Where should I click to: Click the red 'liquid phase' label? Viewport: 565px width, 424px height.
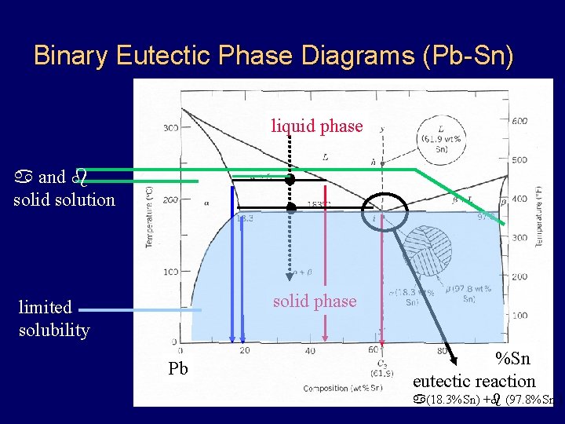click(317, 126)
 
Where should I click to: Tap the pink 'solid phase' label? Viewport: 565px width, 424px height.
click(314, 302)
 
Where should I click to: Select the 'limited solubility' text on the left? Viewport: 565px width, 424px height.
click(54, 318)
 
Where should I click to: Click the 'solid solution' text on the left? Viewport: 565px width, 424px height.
click(64, 199)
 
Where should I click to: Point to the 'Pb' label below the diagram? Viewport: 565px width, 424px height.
click(178, 369)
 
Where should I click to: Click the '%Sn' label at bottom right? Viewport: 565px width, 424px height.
click(512, 359)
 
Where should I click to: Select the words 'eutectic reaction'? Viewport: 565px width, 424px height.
click(474, 382)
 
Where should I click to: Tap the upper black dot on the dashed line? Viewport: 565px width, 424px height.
click(290, 180)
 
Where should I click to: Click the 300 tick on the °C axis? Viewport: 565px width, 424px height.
click(169, 128)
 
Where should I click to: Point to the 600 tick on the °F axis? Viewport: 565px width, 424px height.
click(519, 121)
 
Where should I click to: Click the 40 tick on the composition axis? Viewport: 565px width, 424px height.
click(311, 351)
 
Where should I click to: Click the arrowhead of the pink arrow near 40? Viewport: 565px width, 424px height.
click(325, 338)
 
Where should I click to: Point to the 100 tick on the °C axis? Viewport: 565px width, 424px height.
click(169, 272)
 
